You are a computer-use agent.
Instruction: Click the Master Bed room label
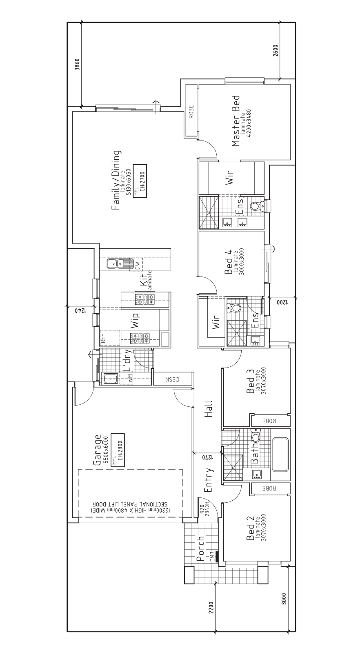pos(236,121)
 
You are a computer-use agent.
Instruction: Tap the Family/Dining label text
pos(116,180)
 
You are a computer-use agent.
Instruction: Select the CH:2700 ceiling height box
pos(140,181)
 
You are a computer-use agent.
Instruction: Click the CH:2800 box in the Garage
pos(118,450)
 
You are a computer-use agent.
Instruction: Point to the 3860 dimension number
pos(77,64)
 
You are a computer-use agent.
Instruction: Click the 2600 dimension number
pos(275,50)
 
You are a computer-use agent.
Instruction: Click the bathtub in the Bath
pos(280,455)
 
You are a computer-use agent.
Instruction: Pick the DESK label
pos(173,379)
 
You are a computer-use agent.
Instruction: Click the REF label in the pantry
pos(103,338)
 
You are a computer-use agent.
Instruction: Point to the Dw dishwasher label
pos(137,264)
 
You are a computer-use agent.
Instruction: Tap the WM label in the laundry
pos(129,379)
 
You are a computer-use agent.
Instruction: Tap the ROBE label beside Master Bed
pos(191,111)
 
